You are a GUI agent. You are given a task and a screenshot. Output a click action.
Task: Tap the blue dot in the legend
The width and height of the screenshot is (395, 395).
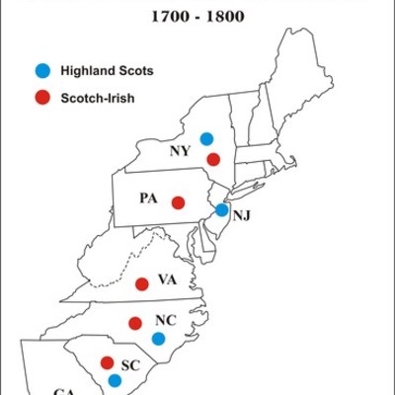click(x=40, y=70)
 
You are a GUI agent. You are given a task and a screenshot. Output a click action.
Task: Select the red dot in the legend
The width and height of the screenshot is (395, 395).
click(x=40, y=98)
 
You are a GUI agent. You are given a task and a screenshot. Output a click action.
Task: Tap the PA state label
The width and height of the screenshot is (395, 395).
click(x=148, y=198)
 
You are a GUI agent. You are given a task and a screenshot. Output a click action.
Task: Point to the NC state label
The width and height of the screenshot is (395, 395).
click(x=165, y=321)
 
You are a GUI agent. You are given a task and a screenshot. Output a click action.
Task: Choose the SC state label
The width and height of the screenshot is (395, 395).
click(x=130, y=363)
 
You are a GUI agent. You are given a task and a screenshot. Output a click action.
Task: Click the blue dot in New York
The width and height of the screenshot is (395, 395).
click(x=206, y=139)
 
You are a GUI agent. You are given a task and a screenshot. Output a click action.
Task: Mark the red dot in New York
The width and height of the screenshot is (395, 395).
click(x=212, y=159)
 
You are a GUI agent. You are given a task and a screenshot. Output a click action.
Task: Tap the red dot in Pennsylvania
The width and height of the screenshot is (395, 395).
click(x=178, y=202)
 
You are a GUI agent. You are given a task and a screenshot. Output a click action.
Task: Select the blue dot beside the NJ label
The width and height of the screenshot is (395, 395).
click(x=222, y=209)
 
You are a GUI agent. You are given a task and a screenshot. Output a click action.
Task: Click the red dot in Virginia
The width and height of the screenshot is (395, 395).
click(x=141, y=284)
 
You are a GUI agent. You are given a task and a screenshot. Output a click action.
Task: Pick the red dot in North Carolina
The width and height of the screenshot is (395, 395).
click(x=135, y=321)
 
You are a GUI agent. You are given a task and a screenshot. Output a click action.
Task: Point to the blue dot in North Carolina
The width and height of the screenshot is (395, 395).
click(x=157, y=339)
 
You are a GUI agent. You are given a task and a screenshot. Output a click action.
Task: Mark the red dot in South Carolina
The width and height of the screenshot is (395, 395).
click(x=106, y=361)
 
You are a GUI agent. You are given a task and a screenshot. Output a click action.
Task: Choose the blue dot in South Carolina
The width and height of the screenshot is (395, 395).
click(x=115, y=379)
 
